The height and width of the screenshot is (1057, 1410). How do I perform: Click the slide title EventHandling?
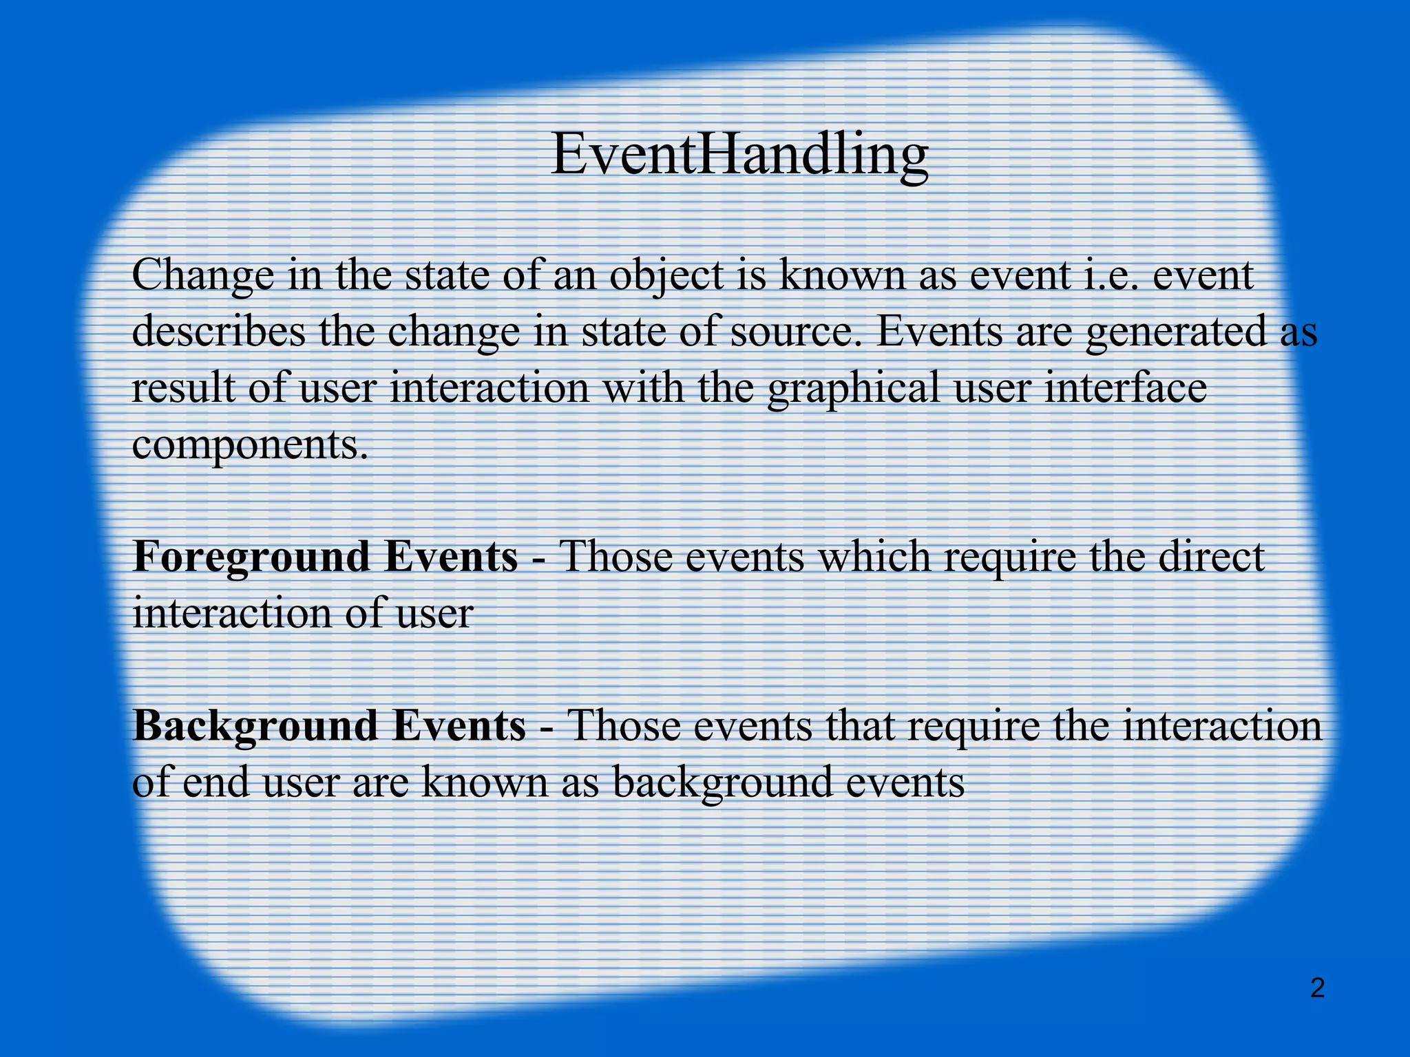(739, 155)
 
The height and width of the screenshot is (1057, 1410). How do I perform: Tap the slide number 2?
(1317, 989)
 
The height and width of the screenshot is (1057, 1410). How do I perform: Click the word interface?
(1125, 388)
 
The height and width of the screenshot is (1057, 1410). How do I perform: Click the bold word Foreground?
(249, 558)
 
